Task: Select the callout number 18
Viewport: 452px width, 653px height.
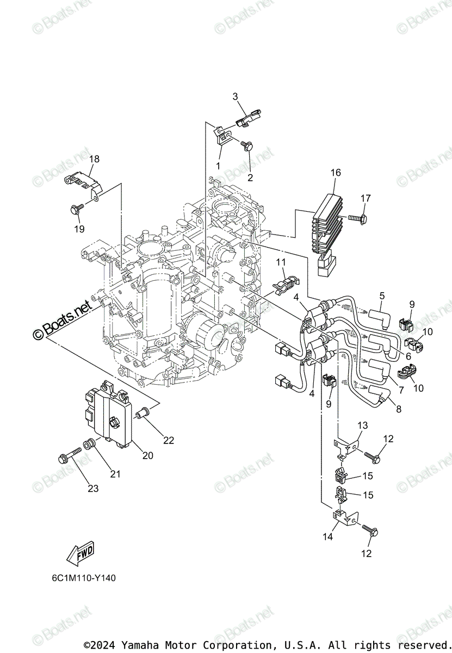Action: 95,159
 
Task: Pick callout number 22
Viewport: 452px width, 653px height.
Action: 169,440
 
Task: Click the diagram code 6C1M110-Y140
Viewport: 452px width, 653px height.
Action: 81,578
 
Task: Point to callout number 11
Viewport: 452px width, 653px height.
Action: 281,262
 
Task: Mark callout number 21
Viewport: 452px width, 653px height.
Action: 115,474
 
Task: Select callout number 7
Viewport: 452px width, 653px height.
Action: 401,391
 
